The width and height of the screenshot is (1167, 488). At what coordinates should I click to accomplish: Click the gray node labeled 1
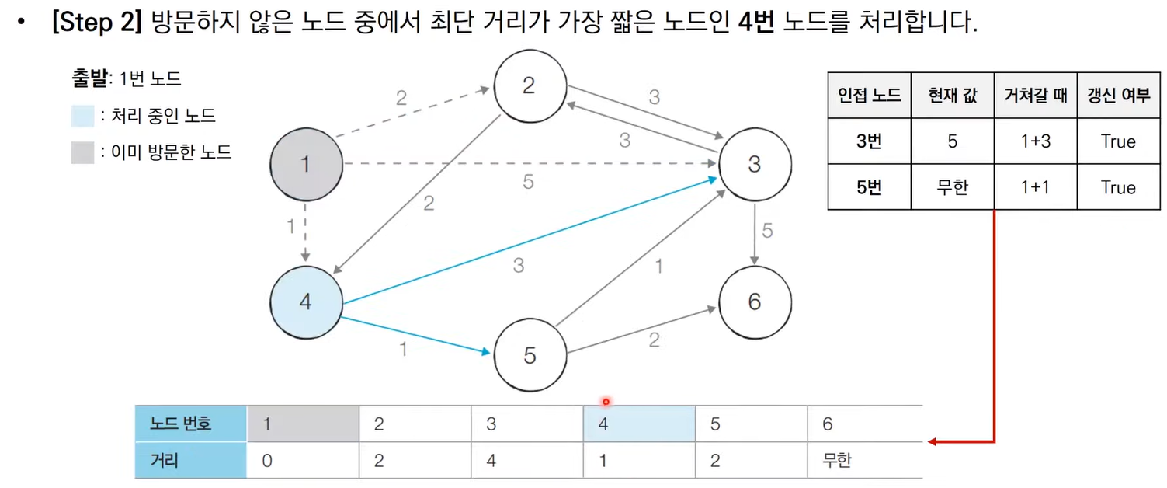tap(306, 165)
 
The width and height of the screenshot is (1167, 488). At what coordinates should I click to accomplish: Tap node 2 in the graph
tap(529, 85)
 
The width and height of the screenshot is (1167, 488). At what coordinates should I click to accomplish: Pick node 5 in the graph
tap(530, 355)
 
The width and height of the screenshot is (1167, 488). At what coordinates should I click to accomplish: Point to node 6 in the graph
tap(755, 302)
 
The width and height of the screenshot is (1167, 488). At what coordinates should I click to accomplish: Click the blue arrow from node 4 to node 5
tap(415, 336)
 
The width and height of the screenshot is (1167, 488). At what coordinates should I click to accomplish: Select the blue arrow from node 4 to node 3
tap(528, 242)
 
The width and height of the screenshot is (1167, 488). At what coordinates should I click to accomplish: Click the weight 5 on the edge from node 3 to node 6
tap(767, 232)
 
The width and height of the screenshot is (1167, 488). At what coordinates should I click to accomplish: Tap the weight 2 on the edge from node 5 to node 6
tap(654, 339)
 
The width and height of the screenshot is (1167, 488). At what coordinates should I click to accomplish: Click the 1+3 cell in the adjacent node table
tap(1035, 141)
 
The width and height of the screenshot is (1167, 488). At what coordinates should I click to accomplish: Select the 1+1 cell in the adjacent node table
tap(1035, 187)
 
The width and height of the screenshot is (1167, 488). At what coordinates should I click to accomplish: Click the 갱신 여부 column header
tap(1118, 96)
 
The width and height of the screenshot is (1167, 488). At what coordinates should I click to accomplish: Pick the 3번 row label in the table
tap(869, 141)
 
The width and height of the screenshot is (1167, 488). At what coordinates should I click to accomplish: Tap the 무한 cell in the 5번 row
tap(952, 187)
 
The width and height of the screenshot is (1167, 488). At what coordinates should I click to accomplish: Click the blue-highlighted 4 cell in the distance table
tap(639, 424)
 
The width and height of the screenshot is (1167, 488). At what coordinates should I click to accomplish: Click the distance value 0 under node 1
tap(267, 461)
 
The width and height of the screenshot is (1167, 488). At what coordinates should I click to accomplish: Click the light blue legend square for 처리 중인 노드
tap(83, 117)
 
